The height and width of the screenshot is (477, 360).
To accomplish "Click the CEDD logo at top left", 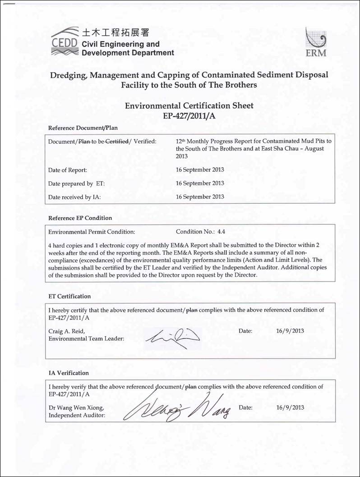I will [65, 42].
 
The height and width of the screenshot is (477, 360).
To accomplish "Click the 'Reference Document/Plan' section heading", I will [83, 128].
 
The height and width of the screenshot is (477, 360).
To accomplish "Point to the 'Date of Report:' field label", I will [68, 170].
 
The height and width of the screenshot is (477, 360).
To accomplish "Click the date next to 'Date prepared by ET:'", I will [200, 183].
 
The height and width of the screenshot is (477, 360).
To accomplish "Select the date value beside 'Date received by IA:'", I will [200, 197].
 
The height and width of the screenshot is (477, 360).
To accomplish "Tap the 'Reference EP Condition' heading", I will [80, 218].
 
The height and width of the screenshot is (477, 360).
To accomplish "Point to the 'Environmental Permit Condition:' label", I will [92, 232].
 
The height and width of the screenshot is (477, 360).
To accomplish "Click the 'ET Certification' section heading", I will [69, 296].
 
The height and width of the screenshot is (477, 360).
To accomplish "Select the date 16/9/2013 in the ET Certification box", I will [290, 331].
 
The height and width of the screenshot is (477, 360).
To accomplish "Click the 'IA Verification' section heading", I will [69, 373].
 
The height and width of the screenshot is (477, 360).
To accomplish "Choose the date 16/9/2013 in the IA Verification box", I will [290, 408].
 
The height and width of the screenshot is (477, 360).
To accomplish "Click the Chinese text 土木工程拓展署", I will [115, 32].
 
